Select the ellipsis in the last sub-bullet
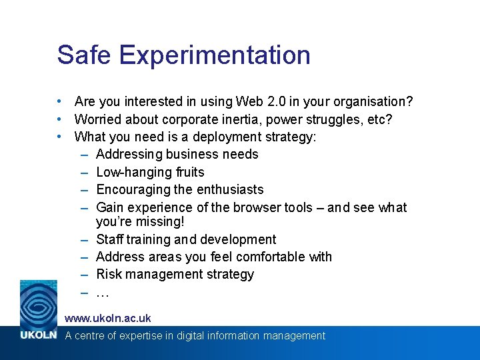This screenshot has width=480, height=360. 103,293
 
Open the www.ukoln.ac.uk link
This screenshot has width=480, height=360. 108,319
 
